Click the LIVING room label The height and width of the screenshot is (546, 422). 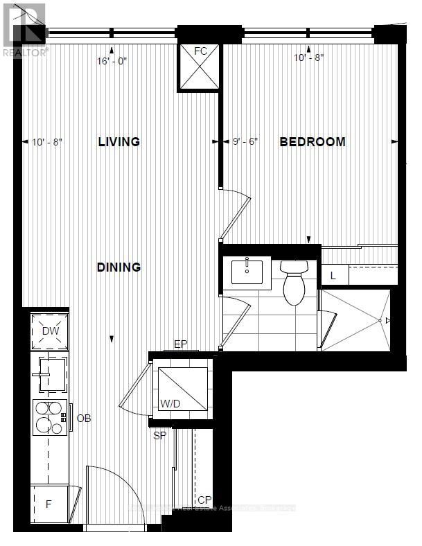tap(119, 142)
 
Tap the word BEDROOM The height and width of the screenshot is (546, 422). tap(312, 142)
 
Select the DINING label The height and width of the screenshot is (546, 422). tap(119, 267)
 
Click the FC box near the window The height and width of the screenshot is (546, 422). tap(200, 67)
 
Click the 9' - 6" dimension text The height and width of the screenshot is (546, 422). tap(245, 142)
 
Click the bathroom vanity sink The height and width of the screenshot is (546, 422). tap(251, 272)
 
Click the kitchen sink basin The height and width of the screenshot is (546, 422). tap(51, 373)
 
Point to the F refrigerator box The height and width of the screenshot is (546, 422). tap(49, 504)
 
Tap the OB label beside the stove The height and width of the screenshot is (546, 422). tap(84, 419)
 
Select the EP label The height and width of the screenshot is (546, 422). tap(181, 344)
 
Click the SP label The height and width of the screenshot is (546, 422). tap(160, 435)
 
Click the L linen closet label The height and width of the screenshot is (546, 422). tap(334, 275)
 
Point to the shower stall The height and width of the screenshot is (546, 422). tap(355, 321)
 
